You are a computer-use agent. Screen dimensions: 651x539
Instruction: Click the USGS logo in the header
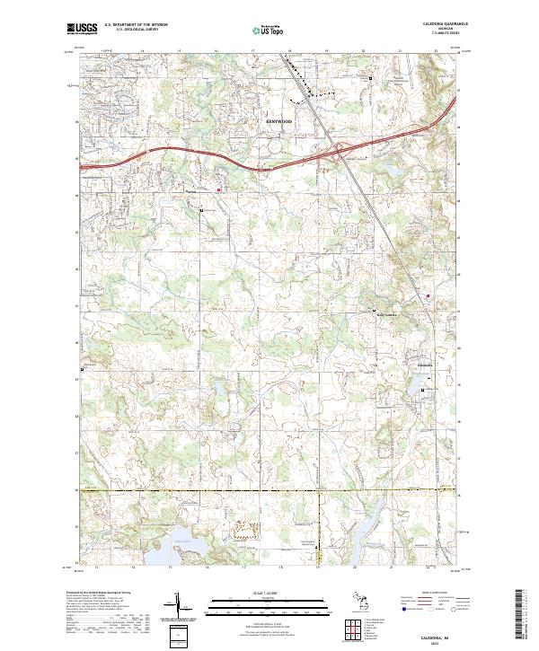click(83, 30)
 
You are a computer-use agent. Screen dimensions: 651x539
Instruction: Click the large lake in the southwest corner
click(185, 541)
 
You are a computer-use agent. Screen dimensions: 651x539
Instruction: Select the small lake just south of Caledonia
click(420, 387)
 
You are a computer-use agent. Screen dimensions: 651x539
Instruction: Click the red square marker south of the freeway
click(217, 189)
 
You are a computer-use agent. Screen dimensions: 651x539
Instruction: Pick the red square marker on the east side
click(428, 295)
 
